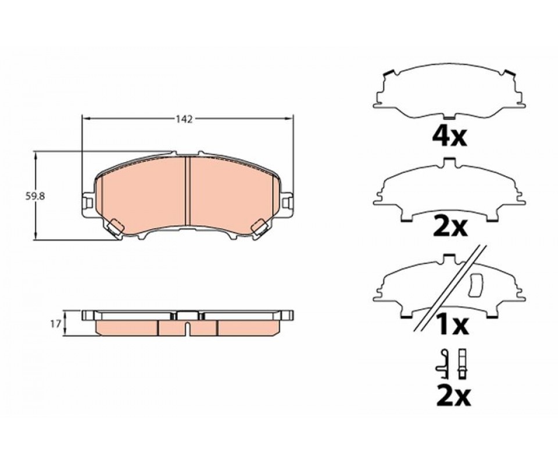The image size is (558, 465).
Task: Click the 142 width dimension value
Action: coord(184,120)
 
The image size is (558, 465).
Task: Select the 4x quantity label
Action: coord(449,137)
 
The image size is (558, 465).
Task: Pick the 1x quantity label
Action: coord(453,325)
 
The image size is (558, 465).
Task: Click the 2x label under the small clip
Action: coord(454,396)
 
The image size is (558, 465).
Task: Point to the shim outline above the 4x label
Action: coord(449,93)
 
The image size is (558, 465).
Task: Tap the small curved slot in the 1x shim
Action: coord(475,286)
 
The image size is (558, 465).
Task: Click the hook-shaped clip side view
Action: coord(443,364)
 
